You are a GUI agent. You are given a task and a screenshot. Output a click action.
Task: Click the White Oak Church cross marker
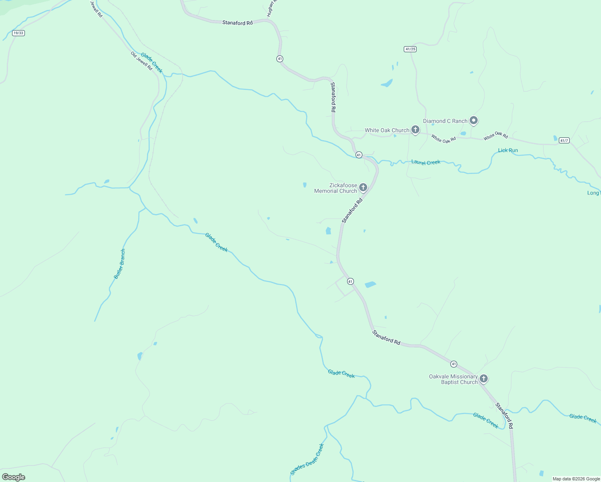pyautogui.click(x=415, y=130)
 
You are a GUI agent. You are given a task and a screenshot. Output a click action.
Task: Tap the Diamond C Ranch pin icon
pyautogui.click(x=474, y=120)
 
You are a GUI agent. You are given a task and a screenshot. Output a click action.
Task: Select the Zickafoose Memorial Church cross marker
pyautogui.click(x=363, y=187)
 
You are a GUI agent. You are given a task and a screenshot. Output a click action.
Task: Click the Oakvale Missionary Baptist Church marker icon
pyautogui.click(x=484, y=378)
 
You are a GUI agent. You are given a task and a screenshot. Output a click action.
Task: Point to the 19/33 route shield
pyautogui.click(x=18, y=33)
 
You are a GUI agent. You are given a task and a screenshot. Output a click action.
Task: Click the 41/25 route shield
pyautogui.click(x=410, y=49)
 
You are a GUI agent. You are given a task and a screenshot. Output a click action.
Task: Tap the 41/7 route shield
pyautogui.click(x=564, y=141)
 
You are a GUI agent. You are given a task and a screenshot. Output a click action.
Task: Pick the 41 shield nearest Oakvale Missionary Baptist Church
pyautogui.click(x=454, y=364)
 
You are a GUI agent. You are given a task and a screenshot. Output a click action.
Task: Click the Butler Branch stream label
pyautogui.click(x=120, y=264)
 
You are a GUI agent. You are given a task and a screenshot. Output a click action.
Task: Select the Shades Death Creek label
pyautogui.click(x=307, y=460)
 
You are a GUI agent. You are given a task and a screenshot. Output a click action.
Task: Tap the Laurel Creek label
pyautogui.click(x=426, y=162)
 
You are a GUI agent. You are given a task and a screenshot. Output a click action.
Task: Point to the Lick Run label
pyautogui.click(x=508, y=150)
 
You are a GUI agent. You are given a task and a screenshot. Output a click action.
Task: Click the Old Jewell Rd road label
pyautogui.click(x=141, y=61)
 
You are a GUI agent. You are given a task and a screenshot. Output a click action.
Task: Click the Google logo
pyautogui.click(x=14, y=477)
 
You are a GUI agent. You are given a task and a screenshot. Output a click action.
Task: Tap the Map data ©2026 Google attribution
pyautogui.click(x=576, y=479)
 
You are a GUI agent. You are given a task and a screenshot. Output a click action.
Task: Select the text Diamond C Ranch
pyautogui.click(x=445, y=121)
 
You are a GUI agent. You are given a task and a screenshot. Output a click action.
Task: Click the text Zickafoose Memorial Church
pyautogui.click(x=335, y=188)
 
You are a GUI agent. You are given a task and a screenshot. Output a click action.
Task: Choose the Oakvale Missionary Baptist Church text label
pyautogui.click(x=453, y=379)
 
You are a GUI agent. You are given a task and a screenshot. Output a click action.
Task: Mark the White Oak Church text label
pyautogui.click(x=387, y=130)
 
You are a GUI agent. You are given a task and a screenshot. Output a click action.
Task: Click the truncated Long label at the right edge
pyautogui.click(x=593, y=193)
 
